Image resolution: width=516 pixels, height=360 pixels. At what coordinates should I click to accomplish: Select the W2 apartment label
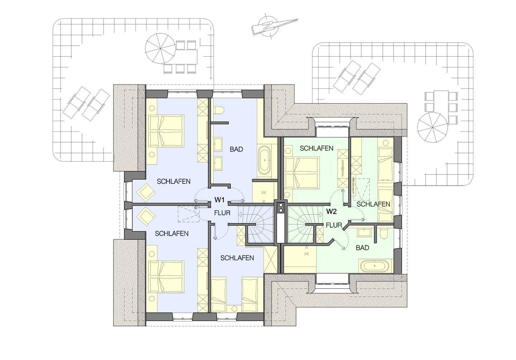tap(331, 211)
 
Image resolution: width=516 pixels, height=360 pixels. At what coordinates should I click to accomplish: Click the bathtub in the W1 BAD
tap(264, 160)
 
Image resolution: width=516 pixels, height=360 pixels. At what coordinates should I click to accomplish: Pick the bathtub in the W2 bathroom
tap(375, 266)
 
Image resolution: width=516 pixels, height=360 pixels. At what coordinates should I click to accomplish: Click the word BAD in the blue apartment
tap(236, 149)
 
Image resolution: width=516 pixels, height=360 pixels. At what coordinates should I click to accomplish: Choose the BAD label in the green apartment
tap(362, 248)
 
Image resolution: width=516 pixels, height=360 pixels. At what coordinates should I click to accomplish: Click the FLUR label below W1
tap(222, 213)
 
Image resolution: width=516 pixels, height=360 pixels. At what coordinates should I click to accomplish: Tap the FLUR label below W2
tap(334, 225)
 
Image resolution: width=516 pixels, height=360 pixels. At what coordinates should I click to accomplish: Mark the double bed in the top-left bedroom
tap(167, 131)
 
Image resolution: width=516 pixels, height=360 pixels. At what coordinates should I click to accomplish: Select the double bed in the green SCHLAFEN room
tap(302, 173)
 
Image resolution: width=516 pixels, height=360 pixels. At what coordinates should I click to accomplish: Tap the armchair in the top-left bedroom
tap(146, 191)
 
